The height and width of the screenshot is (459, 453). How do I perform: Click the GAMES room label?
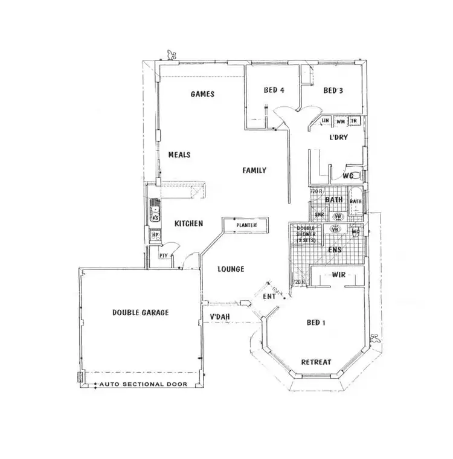pos(203,94)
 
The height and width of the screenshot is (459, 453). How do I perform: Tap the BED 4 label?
pos(274,91)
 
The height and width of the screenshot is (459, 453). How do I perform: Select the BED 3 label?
pos(333,91)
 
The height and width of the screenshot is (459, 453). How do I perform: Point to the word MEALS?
pos(179,155)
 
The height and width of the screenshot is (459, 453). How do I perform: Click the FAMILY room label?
pos(254,171)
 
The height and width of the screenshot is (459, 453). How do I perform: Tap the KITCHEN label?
pos(188,223)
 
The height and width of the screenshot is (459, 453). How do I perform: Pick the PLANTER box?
pos(246,226)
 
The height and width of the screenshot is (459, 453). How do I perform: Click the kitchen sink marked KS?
pos(155,214)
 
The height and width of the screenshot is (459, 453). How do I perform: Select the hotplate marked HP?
pos(155,235)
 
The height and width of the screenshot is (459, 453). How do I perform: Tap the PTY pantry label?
pos(163,255)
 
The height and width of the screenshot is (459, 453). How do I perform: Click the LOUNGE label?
pos(231,269)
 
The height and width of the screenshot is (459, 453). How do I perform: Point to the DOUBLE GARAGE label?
pos(140,312)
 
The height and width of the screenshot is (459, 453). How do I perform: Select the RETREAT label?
pos(316,362)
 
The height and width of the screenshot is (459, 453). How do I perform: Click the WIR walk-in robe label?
pos(338,275)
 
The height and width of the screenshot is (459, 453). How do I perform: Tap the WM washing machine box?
pos(341,121)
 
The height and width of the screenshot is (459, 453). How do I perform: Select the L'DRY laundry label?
pos(338,138)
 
